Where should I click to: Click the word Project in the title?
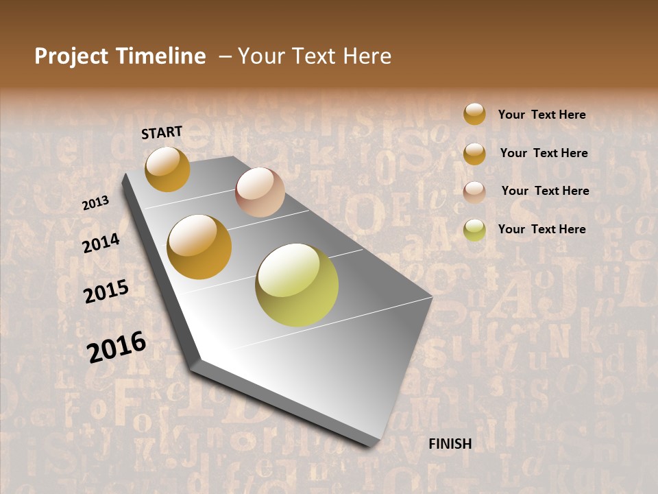coord(72,56)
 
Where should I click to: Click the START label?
coord(162,132)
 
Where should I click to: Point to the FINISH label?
coord(450,444)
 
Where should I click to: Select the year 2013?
coord(95,203)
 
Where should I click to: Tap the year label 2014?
coord(101,243)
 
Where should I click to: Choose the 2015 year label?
coord(106,292)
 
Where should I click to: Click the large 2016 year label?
coord(117,346)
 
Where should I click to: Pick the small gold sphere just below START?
coord(167,169)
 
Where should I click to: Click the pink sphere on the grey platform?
coord(260,192)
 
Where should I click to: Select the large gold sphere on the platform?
coord(199,247)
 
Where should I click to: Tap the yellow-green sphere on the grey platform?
coord(297,285)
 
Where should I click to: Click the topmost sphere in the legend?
coord(474,114)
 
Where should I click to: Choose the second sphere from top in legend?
coord(474,154)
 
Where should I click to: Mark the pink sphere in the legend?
coord(474,192)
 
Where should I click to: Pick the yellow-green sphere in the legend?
coord(474,230)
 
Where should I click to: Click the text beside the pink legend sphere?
coord(545,191)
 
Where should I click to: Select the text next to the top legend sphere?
coord(541,115)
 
